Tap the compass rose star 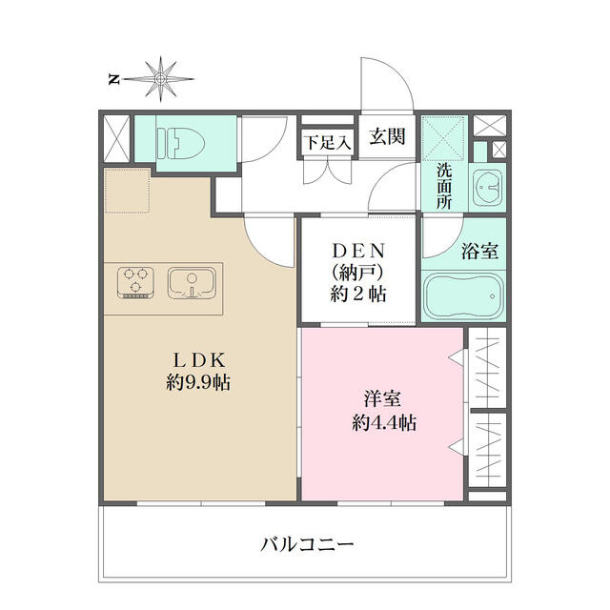pyautogui.click(x=160, y=79)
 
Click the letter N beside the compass pyautogui.click(x=114, y=80)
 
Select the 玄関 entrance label pyautogui.click(x=387, y=136)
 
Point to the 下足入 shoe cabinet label pyautogui.click(x=328, y=142)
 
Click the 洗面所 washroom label pyautogui.click(x=444, y=186)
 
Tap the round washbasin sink pyautogui.click(x=488, y=189)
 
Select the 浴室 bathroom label pyautogui.click(x=480, y=251)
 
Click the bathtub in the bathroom pyautogui.click(x=463, y=295)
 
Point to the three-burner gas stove pyautogui.click(x=135, y=282)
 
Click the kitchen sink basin pyautogui.click(x=192, y=282)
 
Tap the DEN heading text pyautogui.click(x=358, y=251)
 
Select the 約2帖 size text pyautogui.click(x=358, y=294)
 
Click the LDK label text pyautogui.click(x=199, y=360)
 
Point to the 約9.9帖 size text pyautogui.click(x=198, y=383)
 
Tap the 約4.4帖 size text pyautogui.click(x=384, y=422)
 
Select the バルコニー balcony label pyautogui.click(x=307, y=544)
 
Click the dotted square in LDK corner pyautogui.click(x=128, y=191)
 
